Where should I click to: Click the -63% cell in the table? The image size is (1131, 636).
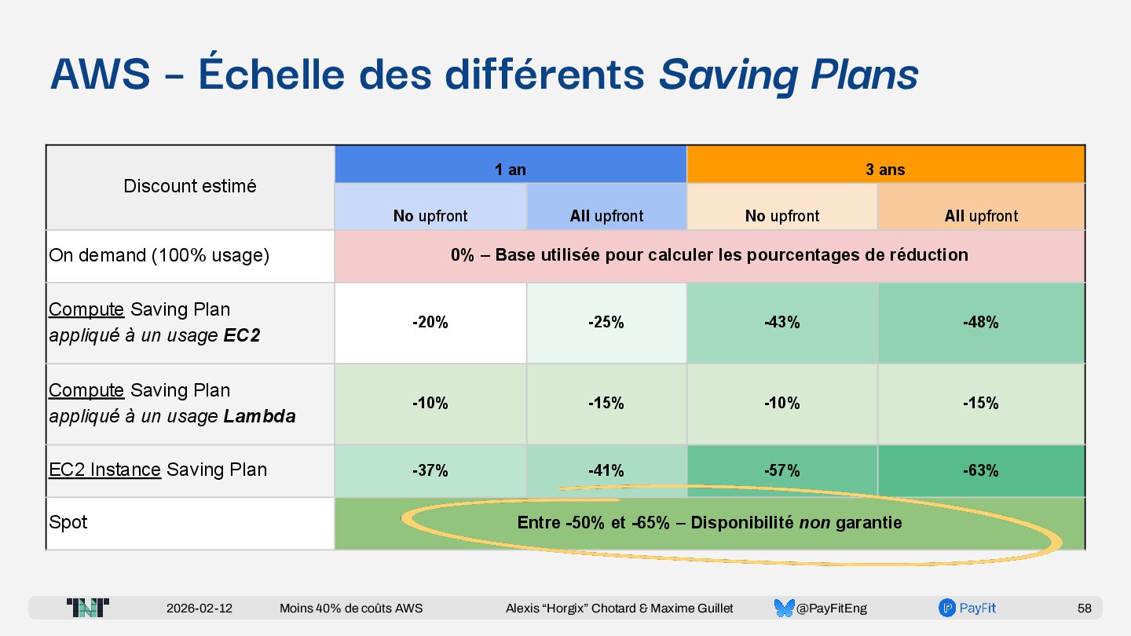click(981, 470)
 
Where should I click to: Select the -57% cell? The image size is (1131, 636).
click(782, 470)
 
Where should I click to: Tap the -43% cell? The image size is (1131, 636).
click(782, 322)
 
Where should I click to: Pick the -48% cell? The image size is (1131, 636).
click(981, 322)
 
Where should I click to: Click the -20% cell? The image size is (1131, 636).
click(430, 322)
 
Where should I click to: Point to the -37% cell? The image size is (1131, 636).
click(430, 470)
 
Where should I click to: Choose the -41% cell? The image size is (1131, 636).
click(606, 470)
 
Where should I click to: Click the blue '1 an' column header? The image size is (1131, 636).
click(511, 169)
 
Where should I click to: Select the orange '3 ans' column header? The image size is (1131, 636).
click(885, 169)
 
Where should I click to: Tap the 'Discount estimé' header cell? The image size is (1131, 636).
click(190, 186)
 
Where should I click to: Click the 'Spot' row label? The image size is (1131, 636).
click(68, 522)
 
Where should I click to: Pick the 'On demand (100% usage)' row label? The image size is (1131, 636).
click(159, 255)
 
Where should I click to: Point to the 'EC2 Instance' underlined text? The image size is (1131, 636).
click(104, 470)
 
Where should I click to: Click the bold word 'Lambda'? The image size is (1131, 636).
click(259, 416)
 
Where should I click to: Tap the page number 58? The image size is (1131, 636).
click(1084, 609)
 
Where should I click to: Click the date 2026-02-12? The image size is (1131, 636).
click(199, 609)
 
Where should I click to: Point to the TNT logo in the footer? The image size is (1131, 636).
click(88, 608)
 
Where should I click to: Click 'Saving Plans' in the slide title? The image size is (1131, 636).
click(789, 75)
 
